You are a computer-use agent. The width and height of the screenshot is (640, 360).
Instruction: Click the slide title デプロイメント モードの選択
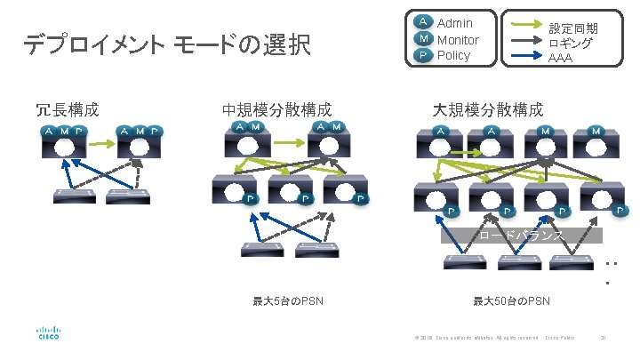coord(166,44)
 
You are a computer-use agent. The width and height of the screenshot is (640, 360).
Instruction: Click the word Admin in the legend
coord(455,22)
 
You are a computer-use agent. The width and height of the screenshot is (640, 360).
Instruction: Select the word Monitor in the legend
coord(459,39)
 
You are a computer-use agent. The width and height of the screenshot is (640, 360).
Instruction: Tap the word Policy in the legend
coord(453,55)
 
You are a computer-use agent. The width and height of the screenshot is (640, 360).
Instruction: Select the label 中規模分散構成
coord(276,110)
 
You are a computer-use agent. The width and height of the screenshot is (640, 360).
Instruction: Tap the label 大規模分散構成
coord(488,110)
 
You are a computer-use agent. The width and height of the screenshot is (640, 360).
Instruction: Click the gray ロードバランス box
coord(522,236)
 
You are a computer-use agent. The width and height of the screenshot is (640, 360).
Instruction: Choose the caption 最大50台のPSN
coord(511,301)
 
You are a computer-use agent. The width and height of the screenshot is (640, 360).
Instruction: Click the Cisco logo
coord(48,332)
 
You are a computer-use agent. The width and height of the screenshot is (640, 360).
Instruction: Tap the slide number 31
coord(604,337)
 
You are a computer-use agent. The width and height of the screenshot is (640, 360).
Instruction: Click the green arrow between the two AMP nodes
coord(103,142)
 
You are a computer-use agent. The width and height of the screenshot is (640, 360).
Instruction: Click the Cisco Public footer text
coord(560,337)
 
